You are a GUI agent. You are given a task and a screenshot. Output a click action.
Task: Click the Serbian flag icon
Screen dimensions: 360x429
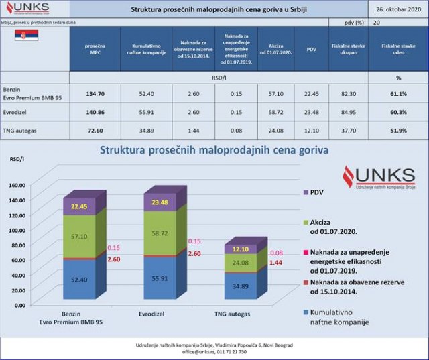pos(25,36)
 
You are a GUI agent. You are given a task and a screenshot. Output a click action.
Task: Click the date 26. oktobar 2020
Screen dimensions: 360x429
pos(398,9)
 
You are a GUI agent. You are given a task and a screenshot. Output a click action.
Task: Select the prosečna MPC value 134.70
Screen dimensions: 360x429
pos(95,94)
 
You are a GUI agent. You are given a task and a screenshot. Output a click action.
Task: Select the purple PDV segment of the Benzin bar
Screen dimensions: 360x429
pos(80,206)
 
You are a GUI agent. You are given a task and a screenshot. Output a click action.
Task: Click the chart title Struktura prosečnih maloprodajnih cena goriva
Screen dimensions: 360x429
pos(214,150)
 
